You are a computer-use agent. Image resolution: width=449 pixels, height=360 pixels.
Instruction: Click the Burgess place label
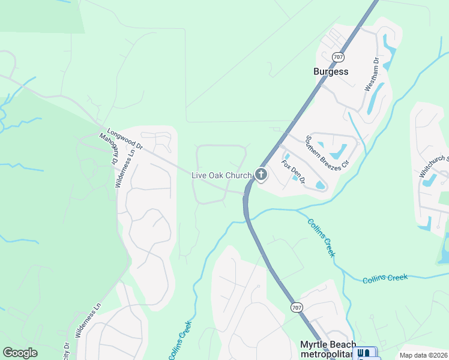coord(331,71)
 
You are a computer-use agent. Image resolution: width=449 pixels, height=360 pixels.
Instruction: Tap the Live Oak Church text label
coord(220,175)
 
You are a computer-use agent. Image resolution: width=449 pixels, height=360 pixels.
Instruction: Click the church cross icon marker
coord(261,175)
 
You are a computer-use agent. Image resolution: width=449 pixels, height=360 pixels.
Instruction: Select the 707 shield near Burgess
coord(339,58)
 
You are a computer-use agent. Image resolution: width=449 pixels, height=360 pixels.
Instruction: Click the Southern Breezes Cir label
coord(327,151)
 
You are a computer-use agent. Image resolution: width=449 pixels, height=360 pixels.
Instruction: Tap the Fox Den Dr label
coord(294,172)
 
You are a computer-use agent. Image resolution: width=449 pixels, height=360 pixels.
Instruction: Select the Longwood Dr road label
coord(124,138)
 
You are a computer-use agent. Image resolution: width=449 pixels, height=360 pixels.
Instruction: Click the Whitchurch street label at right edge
coord(433,166)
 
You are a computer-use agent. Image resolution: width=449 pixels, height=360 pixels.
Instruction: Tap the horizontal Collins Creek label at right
coord(385,278)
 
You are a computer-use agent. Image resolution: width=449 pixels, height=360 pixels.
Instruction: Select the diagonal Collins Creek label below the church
coord(321,238)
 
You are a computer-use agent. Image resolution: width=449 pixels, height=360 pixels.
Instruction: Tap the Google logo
coord(20,353)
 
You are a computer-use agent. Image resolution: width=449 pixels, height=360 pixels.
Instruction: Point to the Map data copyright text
coord(423,355)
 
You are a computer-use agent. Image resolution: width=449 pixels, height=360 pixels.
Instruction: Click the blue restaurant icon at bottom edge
coord(364,354)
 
